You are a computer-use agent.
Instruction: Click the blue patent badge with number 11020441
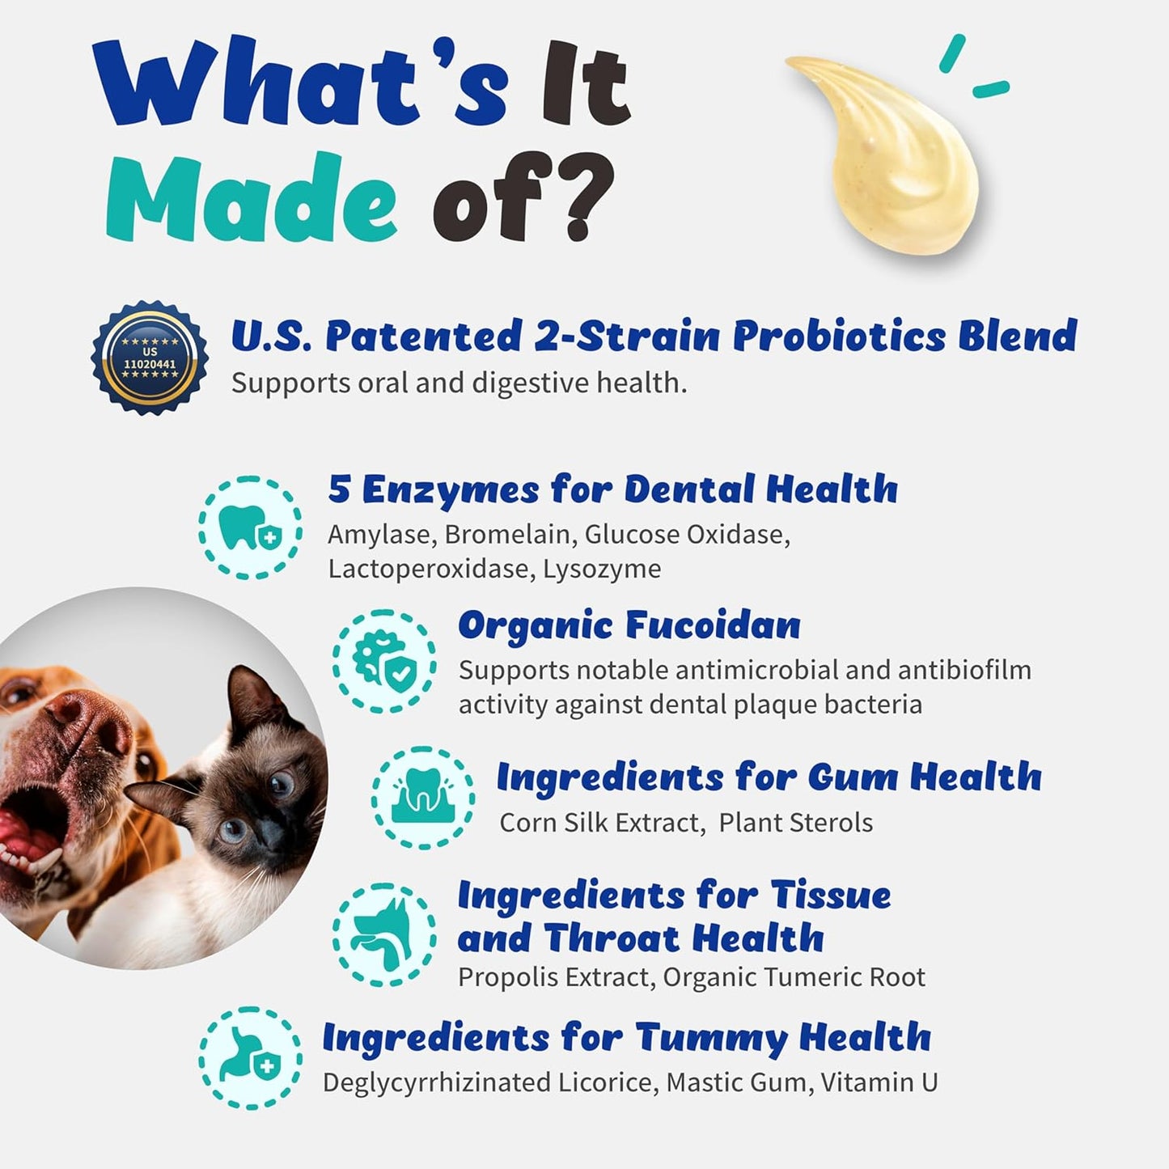(150, 358)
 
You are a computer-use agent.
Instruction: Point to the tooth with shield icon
(250, 527)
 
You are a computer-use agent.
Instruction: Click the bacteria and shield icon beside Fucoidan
(383, 661)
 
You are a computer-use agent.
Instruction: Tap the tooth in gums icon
(423, 797)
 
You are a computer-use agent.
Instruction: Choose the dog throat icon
(383, 934)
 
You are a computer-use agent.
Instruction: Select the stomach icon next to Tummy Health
(250, 1057)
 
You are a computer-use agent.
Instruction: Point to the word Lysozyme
(602, 569)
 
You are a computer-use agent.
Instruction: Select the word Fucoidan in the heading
(713, 625)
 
